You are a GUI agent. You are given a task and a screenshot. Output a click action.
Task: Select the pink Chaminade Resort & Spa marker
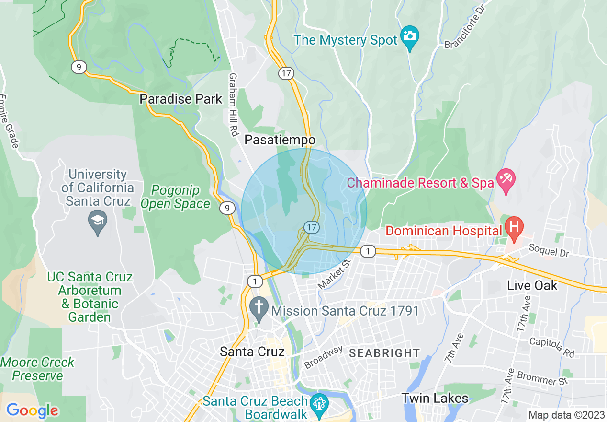tap(506, 179)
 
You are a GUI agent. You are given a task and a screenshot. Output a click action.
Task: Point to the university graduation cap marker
tap(98, 221)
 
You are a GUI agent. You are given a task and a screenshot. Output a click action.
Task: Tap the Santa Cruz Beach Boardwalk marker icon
tap(319, 403)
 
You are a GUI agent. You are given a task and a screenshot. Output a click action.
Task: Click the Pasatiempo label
tap(280, 140)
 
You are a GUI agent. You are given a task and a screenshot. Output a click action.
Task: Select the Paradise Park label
tap(181, 99)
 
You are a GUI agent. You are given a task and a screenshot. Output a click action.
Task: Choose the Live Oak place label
tap(532, 286)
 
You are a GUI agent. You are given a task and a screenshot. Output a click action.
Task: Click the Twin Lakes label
tap(435, 398)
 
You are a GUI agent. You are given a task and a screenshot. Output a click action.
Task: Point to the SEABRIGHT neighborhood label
tap(384, 353)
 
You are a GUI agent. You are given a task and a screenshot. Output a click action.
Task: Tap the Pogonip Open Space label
tap(175, 197)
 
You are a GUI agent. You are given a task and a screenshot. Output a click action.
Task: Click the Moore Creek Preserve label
tap(38, 369)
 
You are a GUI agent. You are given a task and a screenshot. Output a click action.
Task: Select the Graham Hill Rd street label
tap(234, 104)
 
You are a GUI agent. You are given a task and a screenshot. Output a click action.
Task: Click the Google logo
tap(32, 410)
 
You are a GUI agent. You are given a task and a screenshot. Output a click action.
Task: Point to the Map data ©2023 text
tap(565, 415)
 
